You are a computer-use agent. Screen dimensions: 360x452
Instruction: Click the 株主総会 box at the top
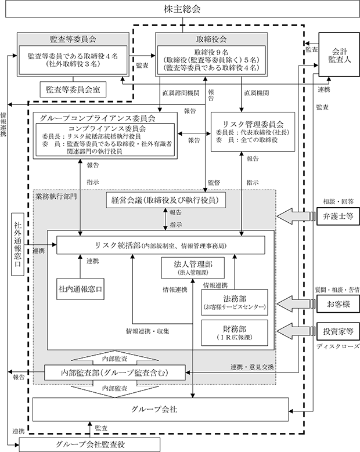coord(182,9)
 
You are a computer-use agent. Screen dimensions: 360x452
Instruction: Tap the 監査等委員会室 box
coord(73,89)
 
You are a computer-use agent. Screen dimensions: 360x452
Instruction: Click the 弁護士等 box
coord(338,216)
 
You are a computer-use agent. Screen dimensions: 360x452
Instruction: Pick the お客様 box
coord(338,304)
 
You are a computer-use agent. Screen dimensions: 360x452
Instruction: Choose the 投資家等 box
coord(338,331)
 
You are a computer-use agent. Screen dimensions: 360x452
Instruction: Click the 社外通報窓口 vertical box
coord(17,244)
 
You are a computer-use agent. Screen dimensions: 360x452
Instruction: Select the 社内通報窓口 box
coord(80,289)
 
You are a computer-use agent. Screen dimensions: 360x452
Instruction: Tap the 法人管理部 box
coord(193,268)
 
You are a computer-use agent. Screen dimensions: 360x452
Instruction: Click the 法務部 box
coord(235,302)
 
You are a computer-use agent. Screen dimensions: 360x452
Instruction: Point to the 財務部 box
coord(235,332)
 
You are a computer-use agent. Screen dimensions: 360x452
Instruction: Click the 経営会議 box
coord(165,200)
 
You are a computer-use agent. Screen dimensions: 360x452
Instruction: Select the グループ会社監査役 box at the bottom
coord(90,444)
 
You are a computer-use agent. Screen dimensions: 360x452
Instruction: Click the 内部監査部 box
coord(115,373)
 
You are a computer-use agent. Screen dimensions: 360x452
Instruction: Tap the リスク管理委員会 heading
coord(253,124)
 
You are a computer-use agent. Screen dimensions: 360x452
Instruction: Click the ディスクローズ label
coord(338,346)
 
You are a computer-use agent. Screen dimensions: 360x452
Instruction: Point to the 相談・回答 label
coord(338,201)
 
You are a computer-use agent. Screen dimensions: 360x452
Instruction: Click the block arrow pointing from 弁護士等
coord(296,216)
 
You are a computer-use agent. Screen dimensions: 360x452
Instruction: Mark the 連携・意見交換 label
coord(252,367)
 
